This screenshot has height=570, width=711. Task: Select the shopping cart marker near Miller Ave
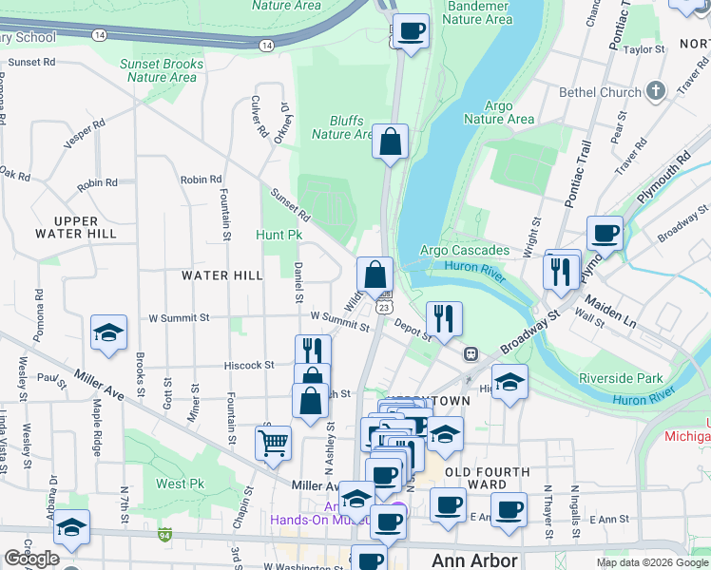(273, 442)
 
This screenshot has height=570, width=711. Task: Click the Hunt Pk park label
(279, 234)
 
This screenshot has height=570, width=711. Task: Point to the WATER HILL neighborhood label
(221, 275)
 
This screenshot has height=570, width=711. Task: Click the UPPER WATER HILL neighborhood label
(76, 226)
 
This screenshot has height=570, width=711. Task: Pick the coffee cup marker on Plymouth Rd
(605, 233)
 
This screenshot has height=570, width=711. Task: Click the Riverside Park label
(622, 378)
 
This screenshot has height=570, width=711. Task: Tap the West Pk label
(181, 484)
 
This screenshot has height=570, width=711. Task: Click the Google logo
(31, 559)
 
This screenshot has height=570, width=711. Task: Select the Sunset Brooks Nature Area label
(159, 70)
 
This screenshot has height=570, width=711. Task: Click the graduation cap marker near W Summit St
(109, 333)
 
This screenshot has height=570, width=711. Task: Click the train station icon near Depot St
(470, 353)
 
